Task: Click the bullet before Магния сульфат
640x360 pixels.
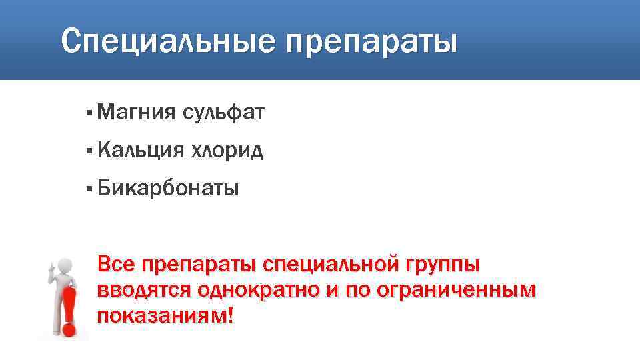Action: (x=89, y=114)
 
